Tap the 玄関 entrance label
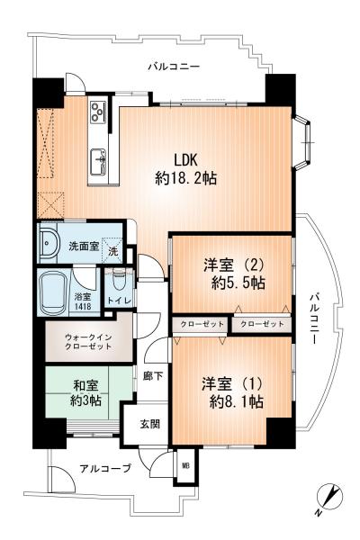[149, 423]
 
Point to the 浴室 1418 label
[83, 301]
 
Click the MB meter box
[185, 466]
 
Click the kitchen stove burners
[98, 112]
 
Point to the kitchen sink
[96, 162]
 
